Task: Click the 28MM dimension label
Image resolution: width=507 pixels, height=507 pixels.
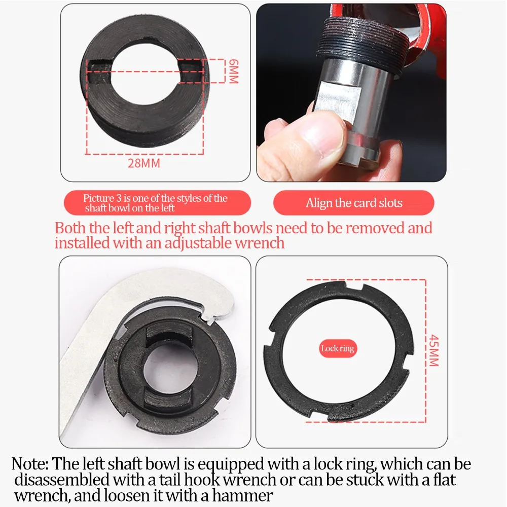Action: point(144,163)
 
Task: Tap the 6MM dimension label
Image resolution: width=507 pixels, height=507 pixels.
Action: point(233,71)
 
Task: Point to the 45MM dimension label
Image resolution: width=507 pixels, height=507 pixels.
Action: point(434,350)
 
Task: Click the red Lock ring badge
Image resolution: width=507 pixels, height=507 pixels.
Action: point(338,349)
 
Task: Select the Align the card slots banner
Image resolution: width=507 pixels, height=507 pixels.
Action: point(354,203)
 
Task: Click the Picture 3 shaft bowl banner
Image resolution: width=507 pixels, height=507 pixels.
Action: point(158,203)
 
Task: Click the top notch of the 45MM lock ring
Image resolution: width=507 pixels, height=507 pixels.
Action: point(354,287)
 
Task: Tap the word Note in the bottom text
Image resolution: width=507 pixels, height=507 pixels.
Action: point(30,464)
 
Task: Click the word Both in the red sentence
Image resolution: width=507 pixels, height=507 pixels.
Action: point(70,228)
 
